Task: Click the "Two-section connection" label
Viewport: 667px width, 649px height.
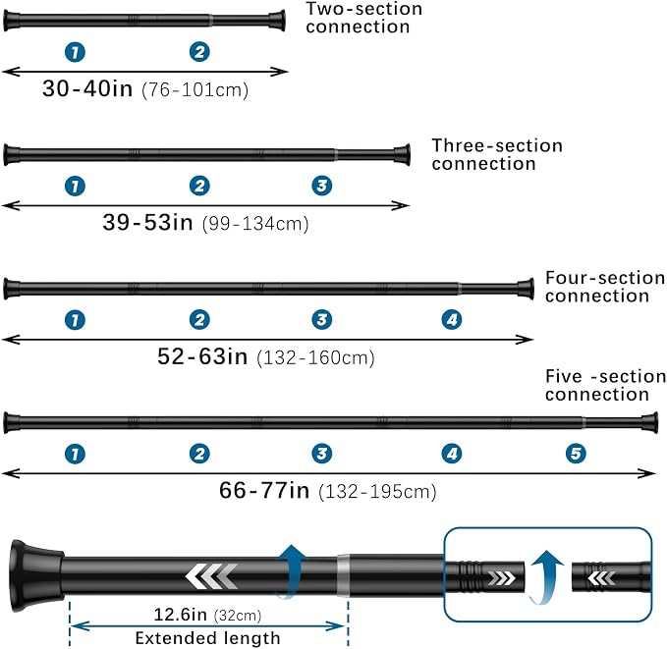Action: point(363,18)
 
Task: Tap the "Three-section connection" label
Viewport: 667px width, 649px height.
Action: point(497,154)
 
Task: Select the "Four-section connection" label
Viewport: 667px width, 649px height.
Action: point(605,287)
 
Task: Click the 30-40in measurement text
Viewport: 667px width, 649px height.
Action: point(87,88)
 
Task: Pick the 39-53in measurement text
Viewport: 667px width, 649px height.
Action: point(147,222)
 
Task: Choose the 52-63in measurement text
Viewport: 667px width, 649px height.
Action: point(202,356)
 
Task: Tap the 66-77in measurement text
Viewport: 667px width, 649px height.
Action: point(264,490)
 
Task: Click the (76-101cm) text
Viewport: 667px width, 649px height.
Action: point(195,90)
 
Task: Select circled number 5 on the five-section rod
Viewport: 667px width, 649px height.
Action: point(576,454)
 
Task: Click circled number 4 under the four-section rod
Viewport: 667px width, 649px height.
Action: point(452,319)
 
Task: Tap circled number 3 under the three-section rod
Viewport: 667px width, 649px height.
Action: point(322,186)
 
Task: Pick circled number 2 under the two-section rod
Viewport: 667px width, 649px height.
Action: point(199,52)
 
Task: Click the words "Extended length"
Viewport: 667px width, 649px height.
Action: point(207,638)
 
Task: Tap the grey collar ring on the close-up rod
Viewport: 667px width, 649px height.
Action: point(343,575)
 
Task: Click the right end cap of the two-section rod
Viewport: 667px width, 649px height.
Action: point(276,21)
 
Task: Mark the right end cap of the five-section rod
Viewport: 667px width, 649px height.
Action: point(650,422)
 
